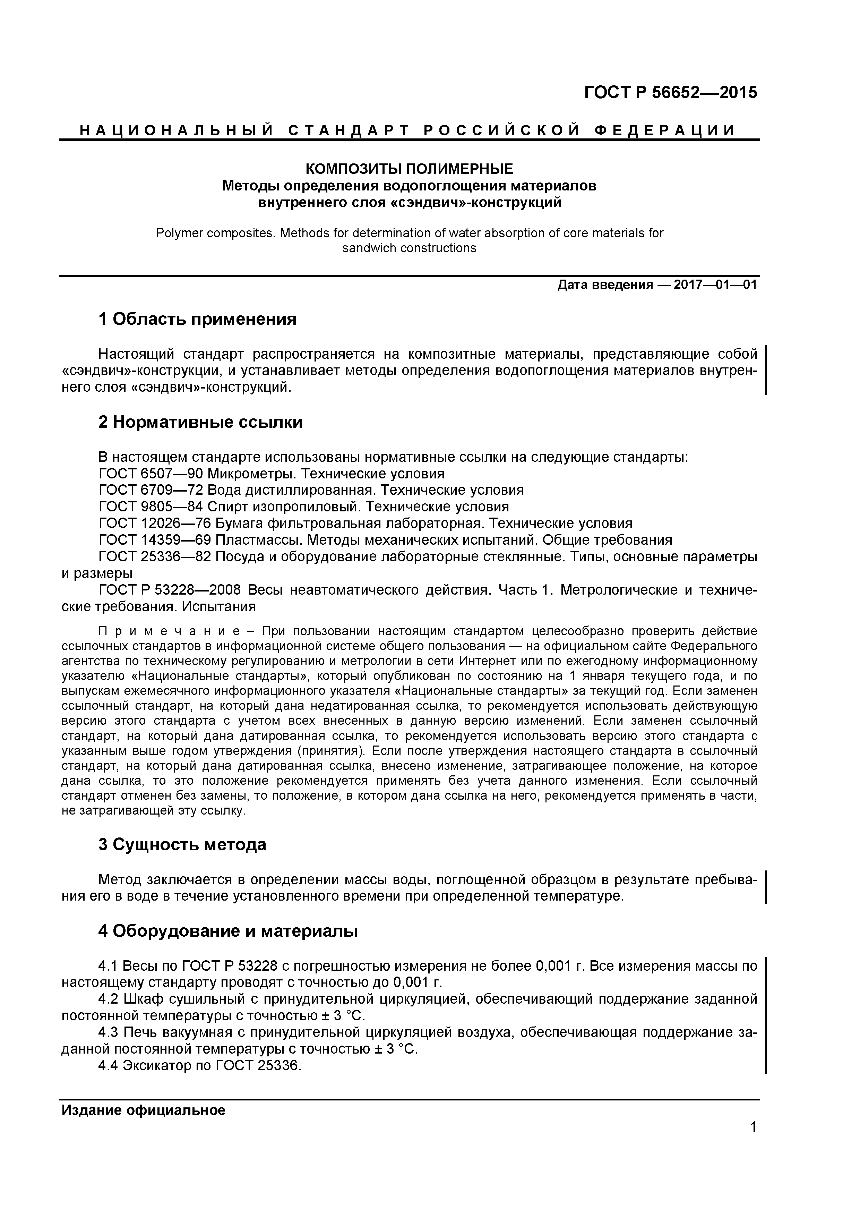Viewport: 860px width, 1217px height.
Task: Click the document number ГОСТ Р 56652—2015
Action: (670, 93)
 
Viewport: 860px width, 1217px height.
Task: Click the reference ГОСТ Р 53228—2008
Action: (170, 590)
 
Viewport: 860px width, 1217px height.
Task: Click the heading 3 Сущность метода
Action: (182, 844)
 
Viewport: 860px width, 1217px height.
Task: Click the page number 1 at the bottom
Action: (753, 1142)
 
